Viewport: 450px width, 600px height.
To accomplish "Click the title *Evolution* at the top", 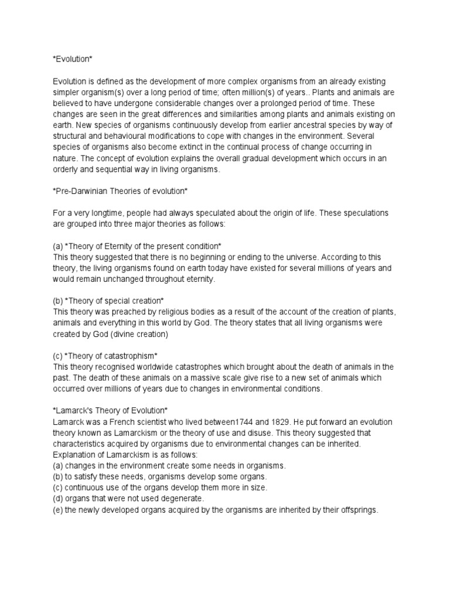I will [x=72, y=59].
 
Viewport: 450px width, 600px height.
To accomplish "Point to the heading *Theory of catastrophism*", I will [x=105, y=356].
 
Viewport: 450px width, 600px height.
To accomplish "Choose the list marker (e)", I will [x=58, y=510].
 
